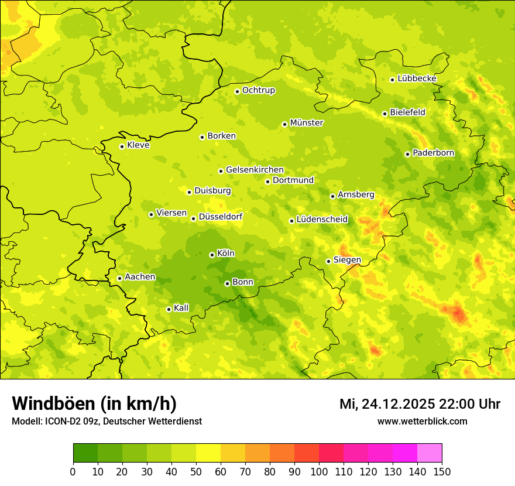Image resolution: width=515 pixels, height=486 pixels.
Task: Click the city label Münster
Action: point(307,123)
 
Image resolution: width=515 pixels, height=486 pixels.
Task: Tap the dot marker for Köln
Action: point(212,255)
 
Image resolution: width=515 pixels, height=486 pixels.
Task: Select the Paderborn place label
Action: point(433,153)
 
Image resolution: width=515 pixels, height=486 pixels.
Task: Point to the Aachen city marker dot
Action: point(119,278)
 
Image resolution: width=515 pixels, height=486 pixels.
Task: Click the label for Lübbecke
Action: point(417,78)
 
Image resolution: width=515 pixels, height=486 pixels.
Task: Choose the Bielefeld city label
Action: point(407,112)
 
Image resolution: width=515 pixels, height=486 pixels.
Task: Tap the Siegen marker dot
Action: point(328,261)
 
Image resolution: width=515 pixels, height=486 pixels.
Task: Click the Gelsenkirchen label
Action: point(255,170)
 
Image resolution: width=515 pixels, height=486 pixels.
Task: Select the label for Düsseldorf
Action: point(220,217)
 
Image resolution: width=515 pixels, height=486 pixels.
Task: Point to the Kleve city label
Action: point(138,145)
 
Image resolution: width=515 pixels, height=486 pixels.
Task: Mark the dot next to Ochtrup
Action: point(237,91)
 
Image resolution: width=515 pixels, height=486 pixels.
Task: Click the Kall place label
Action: point(181,308)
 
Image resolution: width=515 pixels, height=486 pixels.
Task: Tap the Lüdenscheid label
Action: point(322,220)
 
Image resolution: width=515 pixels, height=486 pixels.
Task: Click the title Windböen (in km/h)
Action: point(94,403)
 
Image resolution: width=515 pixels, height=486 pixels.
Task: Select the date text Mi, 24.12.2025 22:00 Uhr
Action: point(420,404)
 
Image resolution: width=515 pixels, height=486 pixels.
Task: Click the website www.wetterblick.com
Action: point(422,421)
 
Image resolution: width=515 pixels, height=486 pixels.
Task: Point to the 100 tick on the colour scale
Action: point(319,471)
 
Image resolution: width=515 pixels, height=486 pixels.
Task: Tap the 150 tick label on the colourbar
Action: point(442,471)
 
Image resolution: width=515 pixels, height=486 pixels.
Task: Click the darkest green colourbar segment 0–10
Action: point(85,453)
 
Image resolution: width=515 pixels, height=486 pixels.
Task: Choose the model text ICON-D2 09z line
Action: point(107,422)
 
